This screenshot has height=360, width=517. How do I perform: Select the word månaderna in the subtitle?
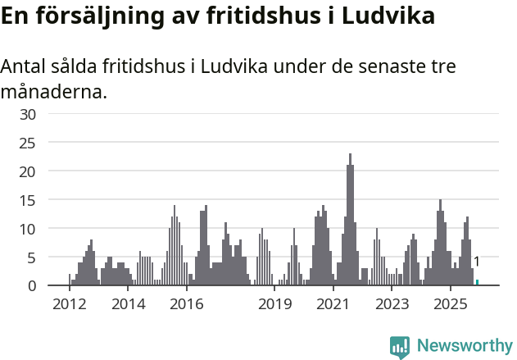[x=54, y=91]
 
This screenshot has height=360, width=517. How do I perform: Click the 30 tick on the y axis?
[x=28, y=114]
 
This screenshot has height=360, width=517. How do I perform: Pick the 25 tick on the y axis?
[x=28, y=143]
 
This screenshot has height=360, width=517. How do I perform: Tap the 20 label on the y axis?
[x=28, y=171]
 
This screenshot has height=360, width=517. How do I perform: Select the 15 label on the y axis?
[x=28, y=200]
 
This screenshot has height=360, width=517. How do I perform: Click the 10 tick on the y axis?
[x=28, y=229]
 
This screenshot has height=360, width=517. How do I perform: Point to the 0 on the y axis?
[x=32, y=286]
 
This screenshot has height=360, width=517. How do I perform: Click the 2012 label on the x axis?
[x=69, y=304]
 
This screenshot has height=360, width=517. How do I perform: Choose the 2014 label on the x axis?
[x=128, y=304]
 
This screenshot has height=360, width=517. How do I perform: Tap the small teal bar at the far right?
[x=477, y=283]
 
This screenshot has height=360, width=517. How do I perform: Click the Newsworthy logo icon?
[x=400, y=347]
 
